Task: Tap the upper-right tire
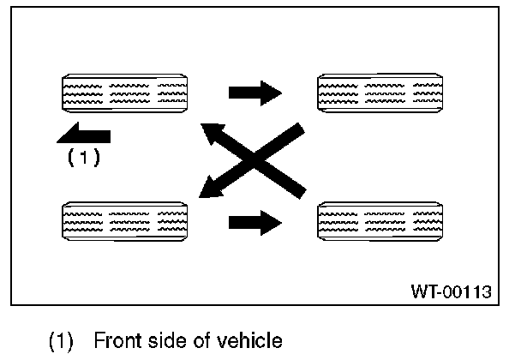point(381,93)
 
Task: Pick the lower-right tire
point(381,223)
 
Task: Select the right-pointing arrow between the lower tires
point(255,224)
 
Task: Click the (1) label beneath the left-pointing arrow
point(84,158)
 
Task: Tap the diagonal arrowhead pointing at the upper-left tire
point(211,134)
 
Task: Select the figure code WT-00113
point(451,291)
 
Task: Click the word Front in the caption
point(139,342)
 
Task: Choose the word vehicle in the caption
point(255,342)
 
